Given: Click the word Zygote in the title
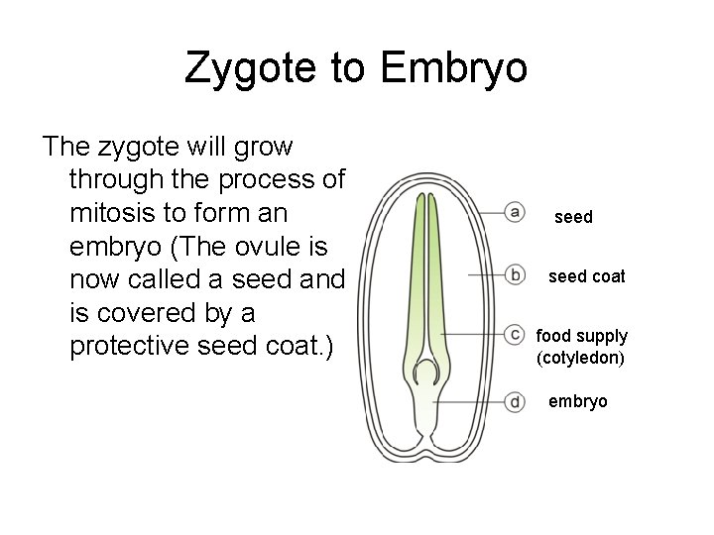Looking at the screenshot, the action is click(x=253, y=68).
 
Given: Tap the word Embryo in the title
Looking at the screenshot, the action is click(x=454, y=68).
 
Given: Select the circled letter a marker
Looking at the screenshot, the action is click(x=515, y=211).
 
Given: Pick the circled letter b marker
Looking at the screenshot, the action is click(x=515, y=274).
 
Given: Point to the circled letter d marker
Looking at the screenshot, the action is click(x=515, y=401).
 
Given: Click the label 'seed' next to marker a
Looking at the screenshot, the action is click(x=573, y=216).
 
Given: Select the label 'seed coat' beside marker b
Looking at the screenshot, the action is click(x=587, y=276).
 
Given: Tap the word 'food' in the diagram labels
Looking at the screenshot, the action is click(x=554, y=336).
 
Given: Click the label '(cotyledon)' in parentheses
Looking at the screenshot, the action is click(x=581, y=357).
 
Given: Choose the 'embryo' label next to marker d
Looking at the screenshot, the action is click(x=578, y=401).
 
